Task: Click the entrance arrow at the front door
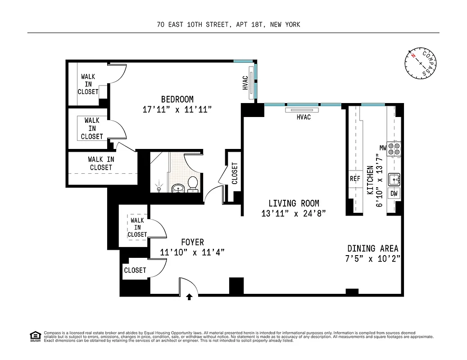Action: point(189,297)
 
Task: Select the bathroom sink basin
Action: point(177,188)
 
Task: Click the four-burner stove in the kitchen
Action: point(394,148)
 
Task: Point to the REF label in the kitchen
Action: point(355,179)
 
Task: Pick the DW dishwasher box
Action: point(394,193)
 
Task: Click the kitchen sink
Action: point(394,179)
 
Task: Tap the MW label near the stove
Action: point(383,148)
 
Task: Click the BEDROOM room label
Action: point(177,99)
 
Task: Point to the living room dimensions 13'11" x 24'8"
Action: point(293,214)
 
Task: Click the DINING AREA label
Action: point(372,248)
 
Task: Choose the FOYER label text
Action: point(192,243)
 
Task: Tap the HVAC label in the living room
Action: point(304,117)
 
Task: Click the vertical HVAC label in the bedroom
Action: point(245,82)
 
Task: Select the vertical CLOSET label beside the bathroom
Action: point(234,173)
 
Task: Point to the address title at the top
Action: point(229,25)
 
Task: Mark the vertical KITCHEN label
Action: point(370,180)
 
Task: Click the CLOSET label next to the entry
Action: point(135,270)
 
